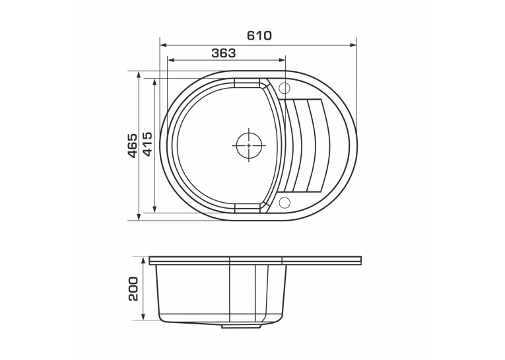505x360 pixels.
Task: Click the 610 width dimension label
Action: tap(259, 35)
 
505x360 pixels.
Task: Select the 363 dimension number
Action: tap(224, 53)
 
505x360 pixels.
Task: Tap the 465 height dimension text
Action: tap(132, 145)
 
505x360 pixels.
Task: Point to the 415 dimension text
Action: tap(147, 144)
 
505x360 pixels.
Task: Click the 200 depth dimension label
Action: tap(133, 289)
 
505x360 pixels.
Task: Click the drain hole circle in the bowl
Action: tap(249, 145)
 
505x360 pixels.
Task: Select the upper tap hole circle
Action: tap(285, 88)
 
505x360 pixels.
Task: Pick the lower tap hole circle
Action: tap(285, 202)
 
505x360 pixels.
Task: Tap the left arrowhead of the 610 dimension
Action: tap(163, 46)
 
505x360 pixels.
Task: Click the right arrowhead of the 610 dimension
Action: tap(353, 46)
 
